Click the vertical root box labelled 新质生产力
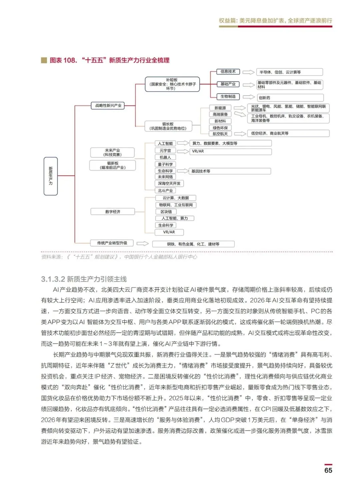click(51, 176)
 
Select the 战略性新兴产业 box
click(108, 106)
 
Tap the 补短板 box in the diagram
click(172, 84)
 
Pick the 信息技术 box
click(228, 72)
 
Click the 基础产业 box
click(228, 84)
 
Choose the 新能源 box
click(220, 108)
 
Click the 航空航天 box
click(220, 134)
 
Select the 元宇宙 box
click(165, 151)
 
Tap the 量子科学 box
click(165, 164)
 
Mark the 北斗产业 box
click(165, 191)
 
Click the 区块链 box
click(166, 212)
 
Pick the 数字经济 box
click(113, 212)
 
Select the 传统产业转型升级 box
click(112, 243)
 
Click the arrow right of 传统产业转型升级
click(142, 244)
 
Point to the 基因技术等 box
click(230, 171)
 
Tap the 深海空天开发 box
click(169, 184)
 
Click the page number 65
click(328, 470)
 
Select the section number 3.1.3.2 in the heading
click(53, 279)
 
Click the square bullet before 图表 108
click(44, 60)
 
